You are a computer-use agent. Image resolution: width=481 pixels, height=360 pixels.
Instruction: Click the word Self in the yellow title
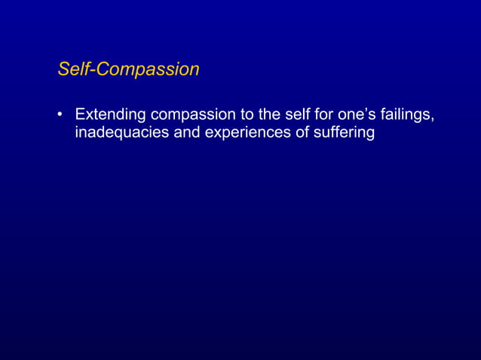click(72, 69)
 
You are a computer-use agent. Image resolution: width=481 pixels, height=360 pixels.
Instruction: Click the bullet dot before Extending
click(60, 116)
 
